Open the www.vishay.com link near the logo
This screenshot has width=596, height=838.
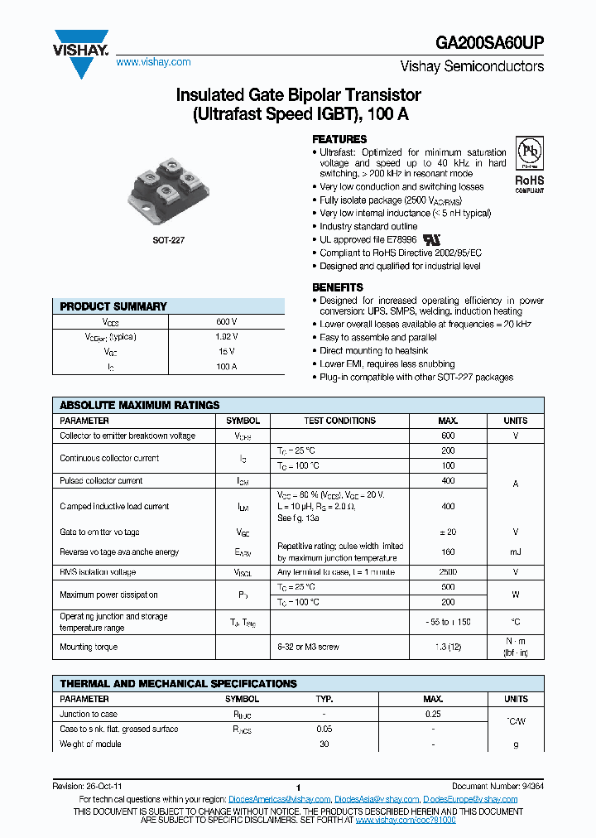(153, 62)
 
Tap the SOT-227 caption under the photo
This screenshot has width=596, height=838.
(168, 239)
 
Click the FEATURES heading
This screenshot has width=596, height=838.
(339, 139)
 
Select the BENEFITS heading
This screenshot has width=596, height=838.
(337, 287)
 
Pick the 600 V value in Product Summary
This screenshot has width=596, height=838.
(226, 321)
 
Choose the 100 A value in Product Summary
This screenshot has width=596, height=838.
(226, 365)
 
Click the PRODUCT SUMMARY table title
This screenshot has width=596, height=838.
(113, 306)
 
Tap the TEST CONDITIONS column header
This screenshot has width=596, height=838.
(339, 421)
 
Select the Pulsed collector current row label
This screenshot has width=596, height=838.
(101, 480)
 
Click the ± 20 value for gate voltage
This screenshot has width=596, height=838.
(448, 532)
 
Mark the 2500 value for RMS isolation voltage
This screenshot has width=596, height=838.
(448, 572)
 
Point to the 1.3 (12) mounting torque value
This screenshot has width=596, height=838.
(448, 647)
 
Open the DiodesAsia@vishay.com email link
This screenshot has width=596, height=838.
(377, 799)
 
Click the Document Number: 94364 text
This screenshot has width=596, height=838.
(497, 786)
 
